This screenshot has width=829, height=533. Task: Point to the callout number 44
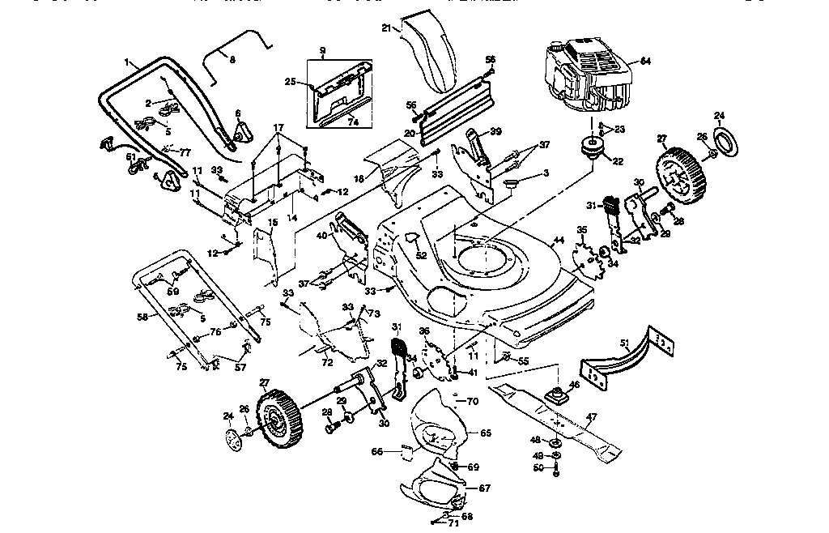coord(557,241)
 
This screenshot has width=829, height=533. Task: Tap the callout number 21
coord(387,28)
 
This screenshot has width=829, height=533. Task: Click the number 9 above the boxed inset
coord(322,50)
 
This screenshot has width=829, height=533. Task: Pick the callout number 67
coord(485,488)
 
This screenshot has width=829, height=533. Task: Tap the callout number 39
coord(495,131)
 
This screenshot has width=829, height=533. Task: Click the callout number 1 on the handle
coord(127,62)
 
